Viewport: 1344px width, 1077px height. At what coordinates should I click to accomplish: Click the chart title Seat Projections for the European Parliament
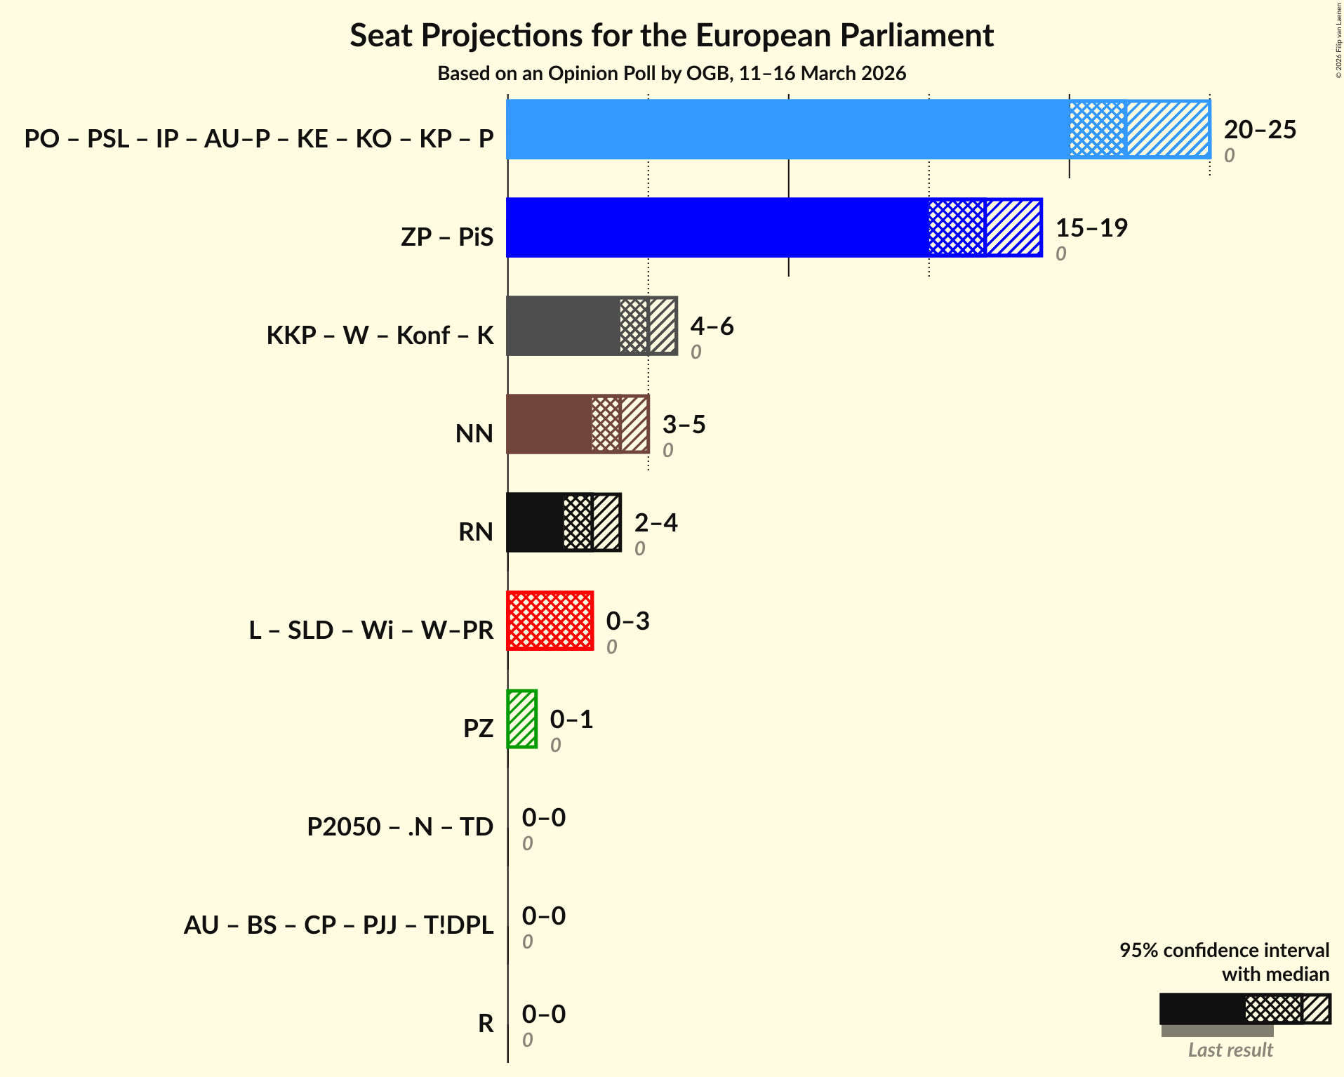(x=672, y=35)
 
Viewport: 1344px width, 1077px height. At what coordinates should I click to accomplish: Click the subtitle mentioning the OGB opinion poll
(x=672, y=74)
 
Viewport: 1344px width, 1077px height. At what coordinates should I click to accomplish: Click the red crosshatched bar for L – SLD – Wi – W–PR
(x=550, y=621)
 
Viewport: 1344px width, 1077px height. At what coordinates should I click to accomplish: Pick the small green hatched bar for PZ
(x=522, y=719)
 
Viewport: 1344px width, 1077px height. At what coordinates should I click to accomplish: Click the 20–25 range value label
(x=1260, y=130)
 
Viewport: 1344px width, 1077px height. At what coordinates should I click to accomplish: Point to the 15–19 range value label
(x=1091, y=228)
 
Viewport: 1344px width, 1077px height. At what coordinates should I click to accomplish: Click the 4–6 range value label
(x=712, y=326)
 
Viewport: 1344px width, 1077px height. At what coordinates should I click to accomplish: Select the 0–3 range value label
(x=627, y=621)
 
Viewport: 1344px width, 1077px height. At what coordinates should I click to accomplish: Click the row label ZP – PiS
(x=447, y=237)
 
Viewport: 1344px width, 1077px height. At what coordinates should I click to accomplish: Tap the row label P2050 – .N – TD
(x=400, y=826)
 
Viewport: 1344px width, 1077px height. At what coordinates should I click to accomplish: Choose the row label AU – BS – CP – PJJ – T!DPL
(x=338, y=925)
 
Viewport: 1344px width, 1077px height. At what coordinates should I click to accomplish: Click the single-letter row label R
(x=486, y=1023)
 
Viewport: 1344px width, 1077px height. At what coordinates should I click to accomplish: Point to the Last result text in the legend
(x=1230, y=1050)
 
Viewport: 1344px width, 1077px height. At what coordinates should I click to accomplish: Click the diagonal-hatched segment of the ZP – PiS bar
(x=1013, y=227)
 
